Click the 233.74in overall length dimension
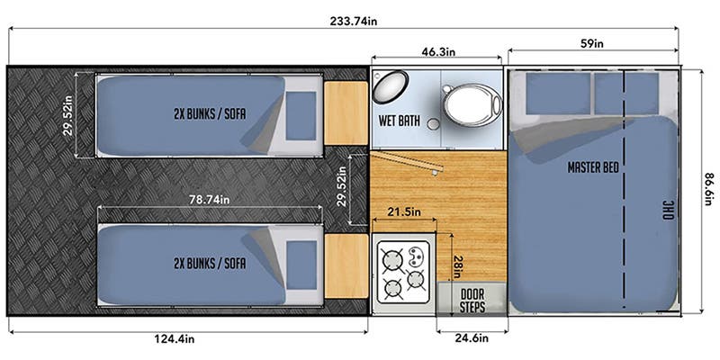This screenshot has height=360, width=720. (x=353, y=21)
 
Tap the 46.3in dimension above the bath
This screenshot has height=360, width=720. (x=438, y=51)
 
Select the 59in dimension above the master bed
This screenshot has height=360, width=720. (x=592, y=43)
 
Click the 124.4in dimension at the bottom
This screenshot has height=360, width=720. (x=174, y=339)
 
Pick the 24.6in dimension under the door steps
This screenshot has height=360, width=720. (x=471, y=338)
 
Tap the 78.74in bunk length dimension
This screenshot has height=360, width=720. (x=210, y=200)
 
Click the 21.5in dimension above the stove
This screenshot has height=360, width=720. (x=404, y=212)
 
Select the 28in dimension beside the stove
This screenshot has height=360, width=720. (x=457, y=266)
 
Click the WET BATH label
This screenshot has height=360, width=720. (x=399, y=121)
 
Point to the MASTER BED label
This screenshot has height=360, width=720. (x=593, y=167)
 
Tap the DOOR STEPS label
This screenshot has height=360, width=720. (x=472, y=301)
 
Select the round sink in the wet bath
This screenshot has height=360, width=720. (x=391, y=86)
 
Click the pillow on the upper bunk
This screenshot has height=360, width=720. (x=301, y=116)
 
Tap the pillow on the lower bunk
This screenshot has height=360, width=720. (x=301, y=265)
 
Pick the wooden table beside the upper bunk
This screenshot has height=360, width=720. (x=346, y=113)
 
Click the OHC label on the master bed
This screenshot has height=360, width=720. (x=668, y=210)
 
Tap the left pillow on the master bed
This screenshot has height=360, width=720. (x=558, y=94)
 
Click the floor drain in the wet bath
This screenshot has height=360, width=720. (x=432, y=123)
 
